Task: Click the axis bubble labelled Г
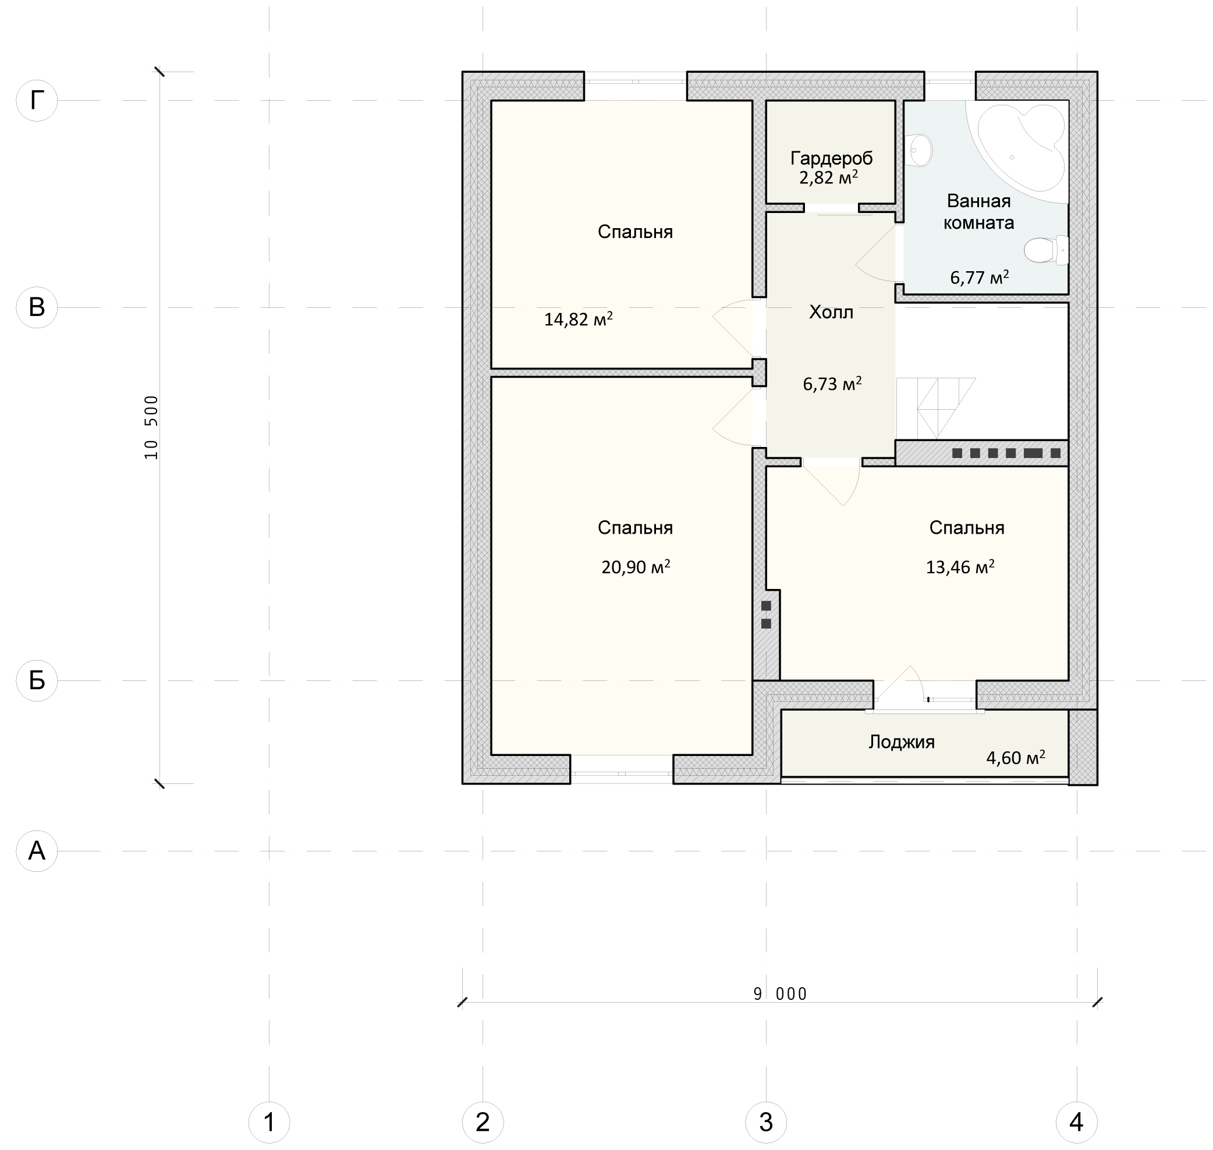pyautogui.click(x=37, y=100)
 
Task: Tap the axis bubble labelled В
pyautogui.click(x=37, y=307)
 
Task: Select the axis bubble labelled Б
pyautogui.click(x=37, y=680)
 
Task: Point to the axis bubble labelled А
pyautogui.click(x=37, y=850)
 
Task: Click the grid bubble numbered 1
pyautogui.click(x=269, y=1123)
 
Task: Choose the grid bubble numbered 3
pyautogui.click(x=766, y=1123)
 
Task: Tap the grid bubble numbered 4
pyautogui.click(x=1077, y=1123)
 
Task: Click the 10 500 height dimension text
pyautogui.click(x=151, y=427)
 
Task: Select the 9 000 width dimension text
pyautogui.click(x=781, y=993)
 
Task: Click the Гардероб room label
pyautogui.click(x=832, y=158)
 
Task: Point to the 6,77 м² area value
pyautogui.click(x=980, y=278)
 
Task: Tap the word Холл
pyautogui.click(x=831, y=312)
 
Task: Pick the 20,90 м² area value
pyautogui.click(x=636, y=567)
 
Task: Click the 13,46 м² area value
pyautogui.click(x=960, y=567)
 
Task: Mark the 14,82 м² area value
pyautogui.click(x=579, y=320)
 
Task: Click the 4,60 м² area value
pyautogui.click(x=1016, y=758)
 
